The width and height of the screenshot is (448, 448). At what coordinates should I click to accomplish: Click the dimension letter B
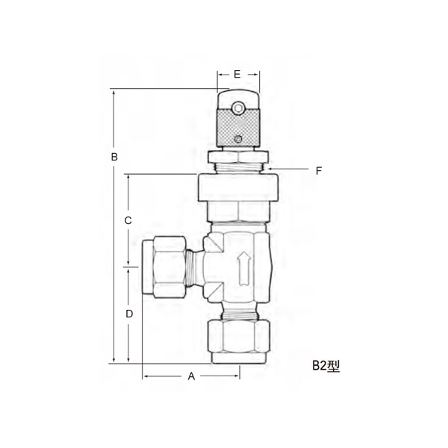[x=114, y=157]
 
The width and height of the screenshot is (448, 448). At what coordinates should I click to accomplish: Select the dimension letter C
[x=128, y=220]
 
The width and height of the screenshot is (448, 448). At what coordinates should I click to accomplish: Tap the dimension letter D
[x=128, y=314]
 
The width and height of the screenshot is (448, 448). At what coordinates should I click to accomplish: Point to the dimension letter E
[x=237, y=74]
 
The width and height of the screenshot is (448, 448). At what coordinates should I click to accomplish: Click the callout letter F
[x=318, y=170]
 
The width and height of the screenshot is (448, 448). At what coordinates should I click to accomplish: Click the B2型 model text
[x=326, y=366]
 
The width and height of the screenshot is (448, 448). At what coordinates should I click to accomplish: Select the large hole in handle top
[x=237, y=109]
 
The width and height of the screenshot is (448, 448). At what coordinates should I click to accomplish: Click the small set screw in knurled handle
[x=237, y=139]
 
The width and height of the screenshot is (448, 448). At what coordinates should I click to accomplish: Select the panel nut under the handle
[x=237, y=156]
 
